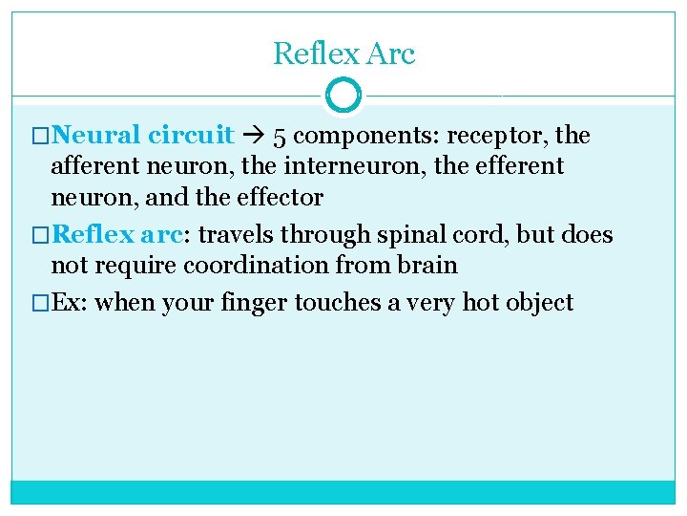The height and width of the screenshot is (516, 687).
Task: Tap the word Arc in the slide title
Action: click(389, 54)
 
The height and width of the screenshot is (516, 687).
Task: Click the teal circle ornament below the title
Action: click(343, 96)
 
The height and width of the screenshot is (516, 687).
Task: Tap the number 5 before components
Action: click(280, 137)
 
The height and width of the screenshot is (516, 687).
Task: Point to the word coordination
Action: click(258, 265)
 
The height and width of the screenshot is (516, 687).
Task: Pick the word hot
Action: click(480, 304)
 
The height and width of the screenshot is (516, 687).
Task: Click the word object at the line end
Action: click(540, 304)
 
